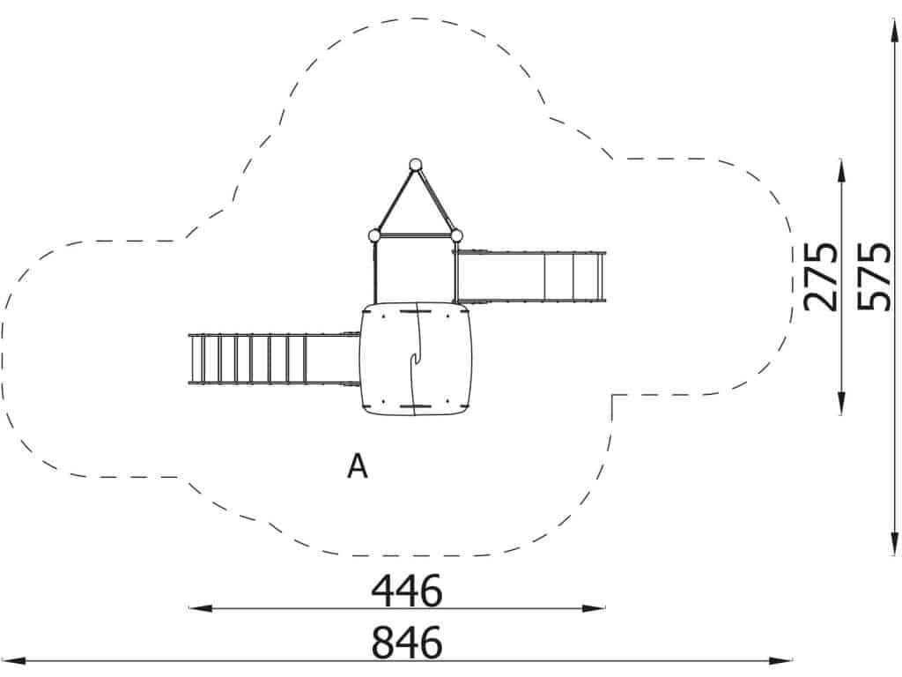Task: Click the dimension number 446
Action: [407, 591]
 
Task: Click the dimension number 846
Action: [407, 643]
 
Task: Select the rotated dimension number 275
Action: [821, 276]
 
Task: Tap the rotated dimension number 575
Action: [874, 276]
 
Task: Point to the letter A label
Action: [358, 466]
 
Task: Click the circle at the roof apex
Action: [416, 165]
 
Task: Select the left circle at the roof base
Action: [373, 235]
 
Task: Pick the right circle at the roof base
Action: [456, 235]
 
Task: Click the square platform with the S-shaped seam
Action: [416, 360]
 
